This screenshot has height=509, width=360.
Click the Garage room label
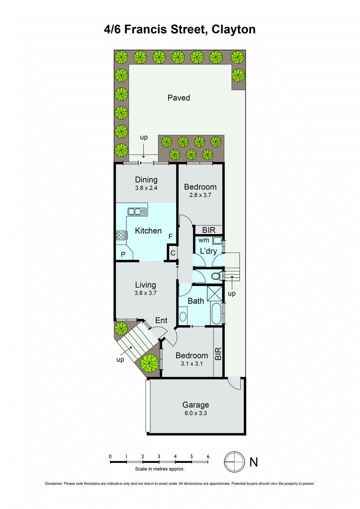coord(195,405)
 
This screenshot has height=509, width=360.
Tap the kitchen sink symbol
coord(137,211)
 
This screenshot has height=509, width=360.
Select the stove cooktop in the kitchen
coord(121,235)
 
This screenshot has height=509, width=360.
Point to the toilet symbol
coord(217,276)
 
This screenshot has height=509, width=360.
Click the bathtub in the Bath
coord(216,313)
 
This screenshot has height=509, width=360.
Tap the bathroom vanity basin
coord(183,316)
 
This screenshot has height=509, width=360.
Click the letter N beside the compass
coord(253,462)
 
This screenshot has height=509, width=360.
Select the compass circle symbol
coord(234,462)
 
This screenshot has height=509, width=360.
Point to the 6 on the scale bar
coord(208,457)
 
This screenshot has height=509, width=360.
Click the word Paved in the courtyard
coord(179,98)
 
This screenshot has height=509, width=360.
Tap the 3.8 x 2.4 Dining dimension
coord(146,188)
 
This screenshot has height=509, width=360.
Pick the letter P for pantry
coord(123,254)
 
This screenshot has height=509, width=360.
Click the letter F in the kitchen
coord(171,236)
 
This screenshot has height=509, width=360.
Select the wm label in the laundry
coord(204,240)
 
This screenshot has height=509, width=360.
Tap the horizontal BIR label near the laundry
coord(209,230)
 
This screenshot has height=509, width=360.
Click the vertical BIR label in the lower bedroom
coord(218,354)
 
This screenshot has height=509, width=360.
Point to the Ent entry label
coord(161,320)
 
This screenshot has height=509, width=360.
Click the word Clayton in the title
coord(234,29)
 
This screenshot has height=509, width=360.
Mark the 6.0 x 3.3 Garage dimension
coord(195,413)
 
